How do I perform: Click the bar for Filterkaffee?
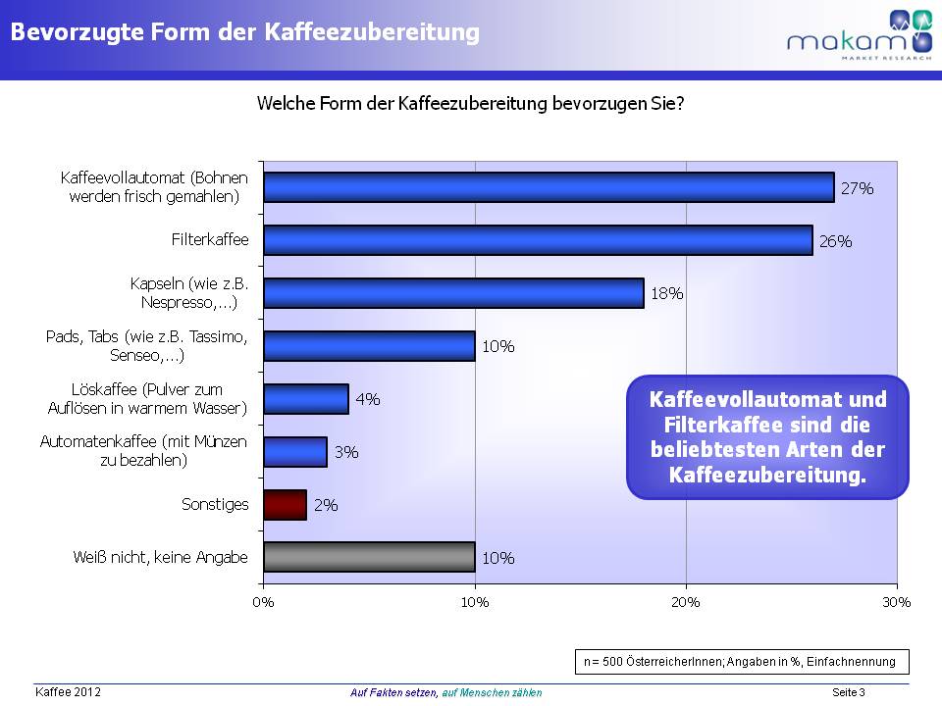[x=538, y=240]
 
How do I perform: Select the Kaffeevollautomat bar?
[x=549, y=187]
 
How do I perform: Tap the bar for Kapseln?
[x=453, y=293]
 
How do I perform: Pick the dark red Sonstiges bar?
[x=286, y=505]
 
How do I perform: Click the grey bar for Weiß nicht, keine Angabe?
[x=369, y=557]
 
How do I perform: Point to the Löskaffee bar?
[x=306, y=399]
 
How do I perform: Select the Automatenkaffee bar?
[x=295, y=452]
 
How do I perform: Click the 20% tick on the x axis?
[x=686, y=602]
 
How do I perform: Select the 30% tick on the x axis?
[x=897, y=602]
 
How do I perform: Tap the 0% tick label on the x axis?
[x=264, y=602]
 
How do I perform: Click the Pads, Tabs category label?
[x=147, y=345]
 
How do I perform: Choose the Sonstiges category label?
[x=215, y=505]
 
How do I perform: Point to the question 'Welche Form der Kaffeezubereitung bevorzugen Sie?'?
[x=470, y=104]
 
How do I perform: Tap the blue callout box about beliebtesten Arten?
[x=767, y=437]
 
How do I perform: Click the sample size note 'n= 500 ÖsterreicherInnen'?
[x=740, y=661]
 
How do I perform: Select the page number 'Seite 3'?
[x=848, y=693]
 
